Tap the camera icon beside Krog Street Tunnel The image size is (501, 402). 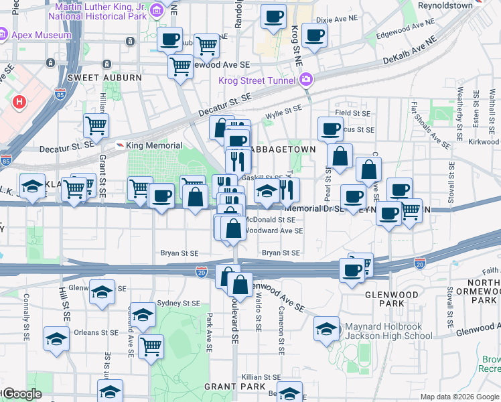(x=306, y=80)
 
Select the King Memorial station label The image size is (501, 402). (x=153, y=145)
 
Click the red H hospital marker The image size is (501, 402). (x=19, y=103)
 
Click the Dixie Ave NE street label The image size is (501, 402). (x=349, y=20)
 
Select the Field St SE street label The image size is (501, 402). (x=354, y=114)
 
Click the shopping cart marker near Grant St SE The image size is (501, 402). (x=96, y=124)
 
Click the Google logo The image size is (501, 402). (x=23, y=395)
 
